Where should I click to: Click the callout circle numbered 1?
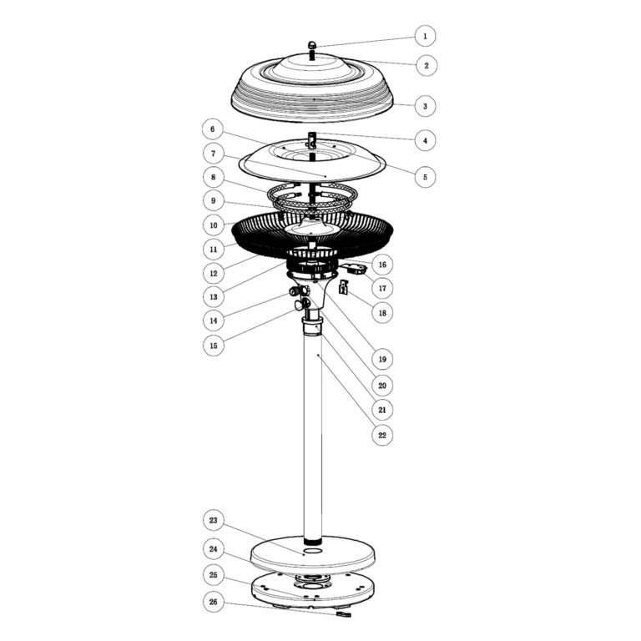[x=425, y=36]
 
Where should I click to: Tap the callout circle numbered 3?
[x=425, y=106]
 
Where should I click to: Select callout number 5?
[x=425, y=177]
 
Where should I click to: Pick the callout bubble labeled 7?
[x=214, y=154]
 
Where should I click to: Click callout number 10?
[x=214, y=225]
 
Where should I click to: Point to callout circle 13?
[x=214, y=297]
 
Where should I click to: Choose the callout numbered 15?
[x=214, y=346]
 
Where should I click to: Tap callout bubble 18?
[x=382, y=313]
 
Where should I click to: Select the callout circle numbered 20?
[x=382, y=385]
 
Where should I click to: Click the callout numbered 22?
[x=382, y=435]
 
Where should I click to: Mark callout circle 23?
[x=214, y=521]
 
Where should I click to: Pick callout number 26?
[x=214, y=602]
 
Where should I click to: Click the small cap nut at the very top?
[x=312, y=45]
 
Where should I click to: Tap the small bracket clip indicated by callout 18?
[x=343, y=286]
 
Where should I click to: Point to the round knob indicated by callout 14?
[x=294, y=291]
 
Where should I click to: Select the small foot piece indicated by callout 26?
[x=343, y=614]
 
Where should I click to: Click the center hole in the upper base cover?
[x=313, y=552]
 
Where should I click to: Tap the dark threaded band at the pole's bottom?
[x=313, y=541]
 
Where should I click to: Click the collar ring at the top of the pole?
[x=312, y=326]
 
